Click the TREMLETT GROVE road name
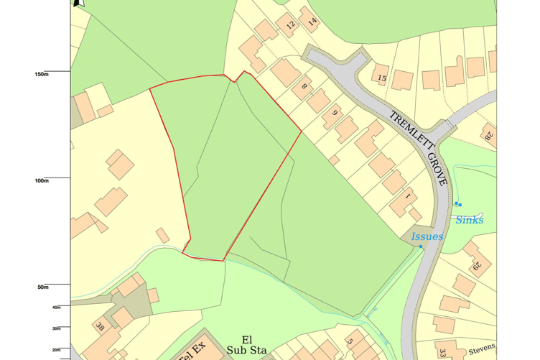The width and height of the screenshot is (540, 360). (x=419, y=148)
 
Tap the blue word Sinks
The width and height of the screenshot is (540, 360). (x=469, y=220)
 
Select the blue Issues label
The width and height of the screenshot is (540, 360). (x=427, y=236)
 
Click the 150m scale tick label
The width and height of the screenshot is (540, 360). (x=41, y=74)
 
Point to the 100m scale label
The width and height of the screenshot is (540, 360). (x=41, y=180)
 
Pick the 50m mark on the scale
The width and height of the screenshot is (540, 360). (x=42, y=287)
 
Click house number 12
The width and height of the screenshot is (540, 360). (x=290, y=25)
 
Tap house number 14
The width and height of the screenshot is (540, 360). (x=312, y=22)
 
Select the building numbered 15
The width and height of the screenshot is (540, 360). (x=381, y=78)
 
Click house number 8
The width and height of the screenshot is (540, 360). (x=304, y=87)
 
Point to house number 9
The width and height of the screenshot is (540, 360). (x=334, y=113)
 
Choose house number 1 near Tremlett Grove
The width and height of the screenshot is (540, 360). (x=407, y=195)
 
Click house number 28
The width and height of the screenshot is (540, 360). (x=488, y=134)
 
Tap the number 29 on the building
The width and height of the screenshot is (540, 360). (x=477, y=267)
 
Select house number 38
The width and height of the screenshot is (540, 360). (x=100, y=327)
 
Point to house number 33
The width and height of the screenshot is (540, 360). (x=442, y=353)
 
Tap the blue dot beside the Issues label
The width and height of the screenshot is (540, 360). (x=421, y=246)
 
